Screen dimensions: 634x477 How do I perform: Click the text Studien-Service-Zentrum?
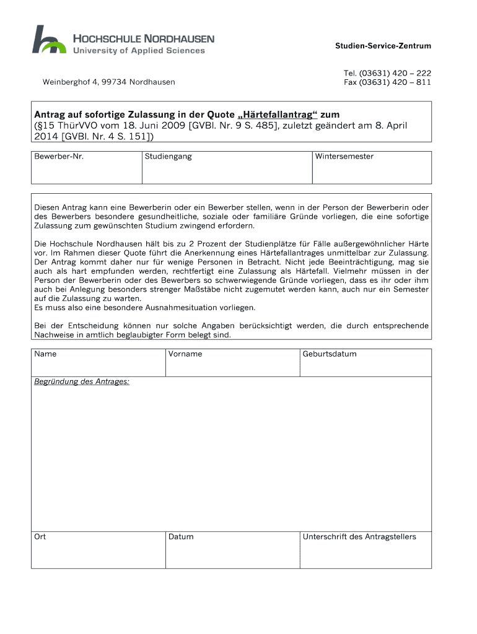(383, 46)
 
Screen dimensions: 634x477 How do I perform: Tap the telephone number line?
(387, 72)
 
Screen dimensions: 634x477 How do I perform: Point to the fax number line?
(387, 82)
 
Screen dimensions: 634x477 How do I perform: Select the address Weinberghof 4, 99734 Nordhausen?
(108, 82)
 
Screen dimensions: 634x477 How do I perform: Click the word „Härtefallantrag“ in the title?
(278, 115)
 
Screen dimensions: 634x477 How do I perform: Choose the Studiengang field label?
(168, 157)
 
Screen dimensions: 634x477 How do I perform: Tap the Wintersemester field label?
(344, 157)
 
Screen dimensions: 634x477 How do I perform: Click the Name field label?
(45, 354)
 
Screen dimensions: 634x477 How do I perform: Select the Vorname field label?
(185, 354)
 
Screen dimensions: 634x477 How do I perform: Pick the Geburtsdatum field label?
(330, 354)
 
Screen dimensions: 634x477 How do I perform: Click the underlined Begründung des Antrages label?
(82, 381)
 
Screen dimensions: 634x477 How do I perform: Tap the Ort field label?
(40, 537)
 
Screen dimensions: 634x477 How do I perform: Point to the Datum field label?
(181, 537)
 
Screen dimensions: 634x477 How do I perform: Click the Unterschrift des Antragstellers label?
(359, 537)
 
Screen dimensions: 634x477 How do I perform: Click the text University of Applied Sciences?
(139, 51)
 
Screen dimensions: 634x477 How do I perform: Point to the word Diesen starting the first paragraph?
(48, 207)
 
